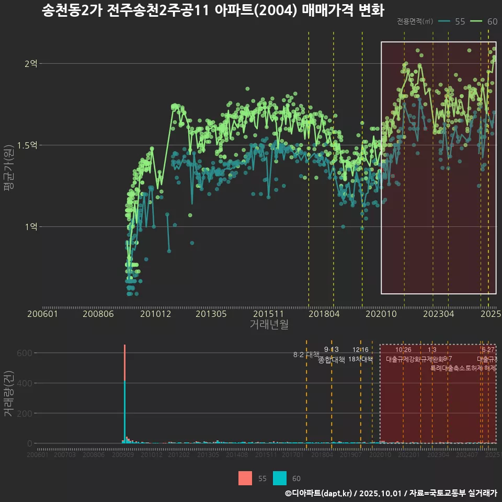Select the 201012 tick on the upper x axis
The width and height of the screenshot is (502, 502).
tap(155, 314)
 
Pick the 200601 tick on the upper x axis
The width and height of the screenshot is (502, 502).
tap(42, 314)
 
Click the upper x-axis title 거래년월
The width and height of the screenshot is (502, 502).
tap(269, 325)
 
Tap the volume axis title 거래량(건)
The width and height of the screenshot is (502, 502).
tap(9, 394)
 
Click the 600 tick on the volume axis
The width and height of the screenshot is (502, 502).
tap(27, 353)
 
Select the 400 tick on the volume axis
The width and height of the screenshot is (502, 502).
tap(27, 383)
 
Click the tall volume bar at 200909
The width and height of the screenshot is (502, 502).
tap(124, 397)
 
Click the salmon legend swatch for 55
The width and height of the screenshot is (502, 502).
tap(245, 478)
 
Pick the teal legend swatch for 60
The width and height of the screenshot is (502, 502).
tap(280, 478)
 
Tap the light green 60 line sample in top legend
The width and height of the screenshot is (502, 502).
tap(476, 21)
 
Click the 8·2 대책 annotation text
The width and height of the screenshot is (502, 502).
tap(306, 355)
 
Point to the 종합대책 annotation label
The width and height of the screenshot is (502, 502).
tap(332, 360)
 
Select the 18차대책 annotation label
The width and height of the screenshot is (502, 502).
tap(360, 359)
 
